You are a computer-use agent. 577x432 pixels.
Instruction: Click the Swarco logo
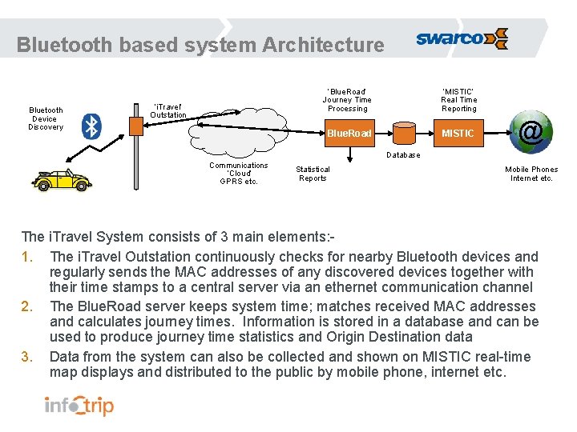462,38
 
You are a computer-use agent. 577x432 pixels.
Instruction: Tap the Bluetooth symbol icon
93,126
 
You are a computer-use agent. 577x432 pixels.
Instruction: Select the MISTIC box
458,133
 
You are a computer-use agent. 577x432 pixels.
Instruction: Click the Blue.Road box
349,133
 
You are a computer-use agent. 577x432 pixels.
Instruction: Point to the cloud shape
240,136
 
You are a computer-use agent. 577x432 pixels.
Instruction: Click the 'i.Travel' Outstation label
167,110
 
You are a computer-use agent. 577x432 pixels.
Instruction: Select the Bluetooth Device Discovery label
46,118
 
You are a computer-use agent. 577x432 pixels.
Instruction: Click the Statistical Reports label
313,174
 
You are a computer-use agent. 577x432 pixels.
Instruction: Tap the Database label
403,155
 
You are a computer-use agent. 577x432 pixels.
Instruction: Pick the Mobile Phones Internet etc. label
531,174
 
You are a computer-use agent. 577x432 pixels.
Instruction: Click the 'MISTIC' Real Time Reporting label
459,99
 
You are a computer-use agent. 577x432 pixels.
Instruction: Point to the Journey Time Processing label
347,99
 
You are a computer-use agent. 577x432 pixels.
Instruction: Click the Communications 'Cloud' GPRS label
239,174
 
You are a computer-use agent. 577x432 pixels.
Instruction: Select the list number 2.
27,306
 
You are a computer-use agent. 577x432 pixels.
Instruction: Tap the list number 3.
27,358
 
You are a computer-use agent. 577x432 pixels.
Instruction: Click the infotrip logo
79,406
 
